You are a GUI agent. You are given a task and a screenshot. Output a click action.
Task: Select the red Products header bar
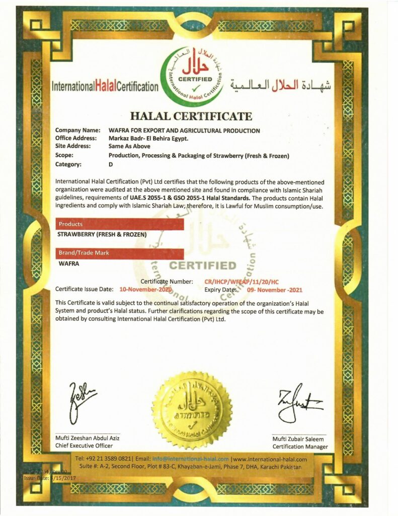[119, 224]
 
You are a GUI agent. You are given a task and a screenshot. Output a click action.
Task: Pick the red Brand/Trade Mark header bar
[119, 253]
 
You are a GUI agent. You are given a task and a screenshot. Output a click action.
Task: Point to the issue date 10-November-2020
[145, 289]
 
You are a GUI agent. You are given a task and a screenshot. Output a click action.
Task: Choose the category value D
[111, 164]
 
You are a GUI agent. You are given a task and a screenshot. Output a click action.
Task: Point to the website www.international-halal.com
[270, 459]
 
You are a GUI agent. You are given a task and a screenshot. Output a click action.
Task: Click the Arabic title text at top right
[280, 85]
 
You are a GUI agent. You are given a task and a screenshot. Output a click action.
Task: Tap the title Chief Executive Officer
[84, 445]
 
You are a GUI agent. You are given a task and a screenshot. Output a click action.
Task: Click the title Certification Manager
[300, 446]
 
